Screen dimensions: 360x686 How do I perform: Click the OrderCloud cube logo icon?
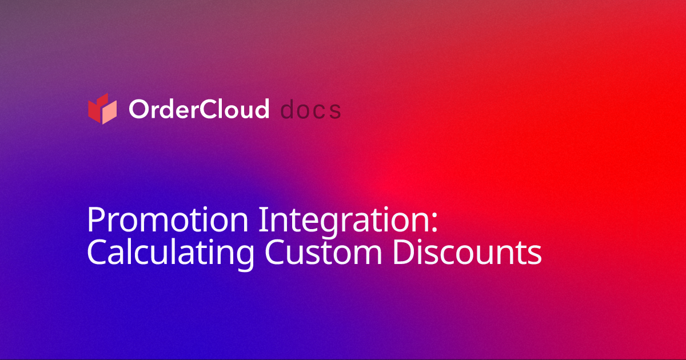point(102,109)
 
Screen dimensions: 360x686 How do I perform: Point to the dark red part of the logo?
point(95,109)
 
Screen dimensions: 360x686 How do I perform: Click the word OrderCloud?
point(198,109)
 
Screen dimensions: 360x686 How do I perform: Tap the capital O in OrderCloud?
point(138,109)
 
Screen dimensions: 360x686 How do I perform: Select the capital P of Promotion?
point(95,220)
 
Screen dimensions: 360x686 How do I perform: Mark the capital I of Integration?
point(262,220)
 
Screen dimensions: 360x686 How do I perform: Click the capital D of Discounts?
point(404,253)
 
